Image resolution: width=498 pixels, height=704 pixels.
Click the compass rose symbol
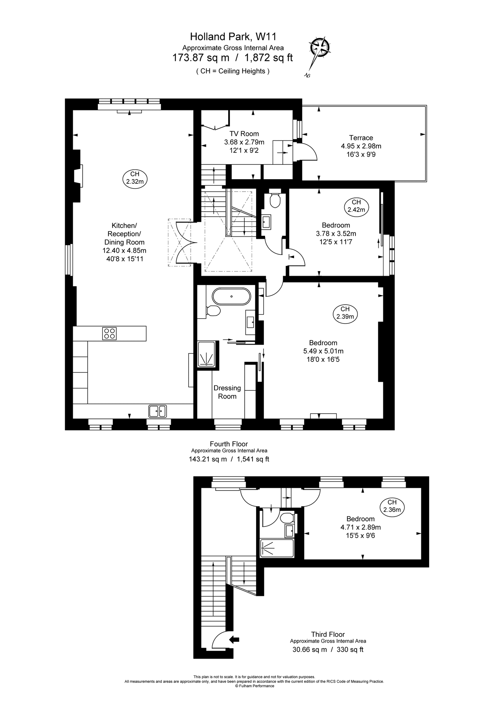(x=320, y=48)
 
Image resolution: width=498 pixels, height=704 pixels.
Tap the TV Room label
(x=244, y=134)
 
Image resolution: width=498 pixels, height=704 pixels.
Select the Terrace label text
(x=361, y=138)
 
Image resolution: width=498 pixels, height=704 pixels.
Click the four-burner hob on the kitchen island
(x=109, y=333)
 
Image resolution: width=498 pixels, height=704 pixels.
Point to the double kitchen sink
(x=157, y=411)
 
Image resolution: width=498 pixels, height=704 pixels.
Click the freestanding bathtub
(x=231, y=296)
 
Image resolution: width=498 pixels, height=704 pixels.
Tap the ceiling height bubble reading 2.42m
(x=356, y=206)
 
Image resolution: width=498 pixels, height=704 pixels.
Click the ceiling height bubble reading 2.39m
(x=345, y=313)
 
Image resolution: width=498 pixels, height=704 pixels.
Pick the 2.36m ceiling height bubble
(x=392, y=506)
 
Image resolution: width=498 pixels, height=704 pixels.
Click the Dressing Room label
(x=227, y=392)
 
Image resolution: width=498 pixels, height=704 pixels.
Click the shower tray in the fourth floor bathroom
(x=207, y=354)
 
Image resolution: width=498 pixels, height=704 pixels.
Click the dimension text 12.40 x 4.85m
(x=124, y=250)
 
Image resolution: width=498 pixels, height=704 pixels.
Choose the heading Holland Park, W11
(x=233, y=37)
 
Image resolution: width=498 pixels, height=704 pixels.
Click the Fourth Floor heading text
(x=229, y=444)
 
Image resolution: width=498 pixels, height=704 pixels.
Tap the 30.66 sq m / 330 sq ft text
(x=328, y=650)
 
